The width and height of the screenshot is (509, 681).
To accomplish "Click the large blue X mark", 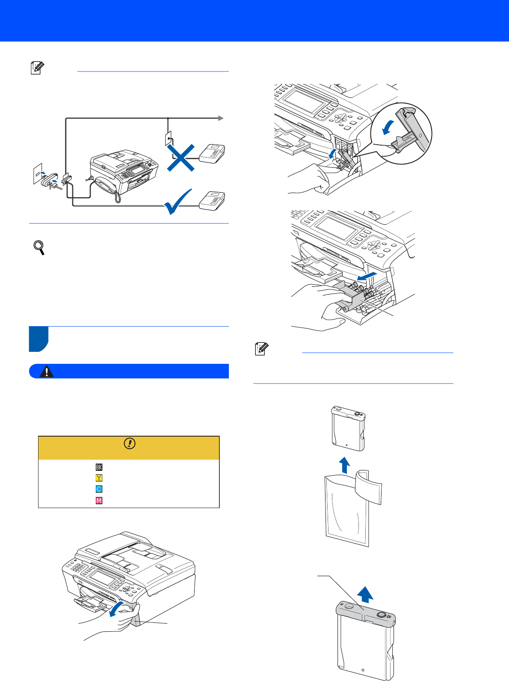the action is [x=181, y=158].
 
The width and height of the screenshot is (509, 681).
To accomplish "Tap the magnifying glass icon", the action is [x=39, y=247].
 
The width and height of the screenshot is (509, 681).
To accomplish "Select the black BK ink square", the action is [x=99, y=467].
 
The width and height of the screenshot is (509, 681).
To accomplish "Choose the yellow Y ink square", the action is [x=99, y=478].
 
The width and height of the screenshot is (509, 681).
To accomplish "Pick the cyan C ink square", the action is [x=99, y=489].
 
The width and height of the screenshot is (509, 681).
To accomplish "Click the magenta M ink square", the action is [x=99, y=500].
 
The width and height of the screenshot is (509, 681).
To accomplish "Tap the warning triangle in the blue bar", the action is [x=47, y=372].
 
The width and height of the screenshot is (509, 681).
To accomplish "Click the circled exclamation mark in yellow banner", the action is [x=130, y=443].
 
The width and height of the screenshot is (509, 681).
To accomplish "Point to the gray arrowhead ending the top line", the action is [x=221, y=118].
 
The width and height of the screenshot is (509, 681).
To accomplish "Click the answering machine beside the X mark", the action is [x=212, y=153].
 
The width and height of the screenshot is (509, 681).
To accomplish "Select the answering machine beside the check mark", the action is [x=212, y=201].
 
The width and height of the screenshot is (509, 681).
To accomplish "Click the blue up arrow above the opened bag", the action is [x=344, y=465].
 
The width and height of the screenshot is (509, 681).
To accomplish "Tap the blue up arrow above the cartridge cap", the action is [x=365, y=595].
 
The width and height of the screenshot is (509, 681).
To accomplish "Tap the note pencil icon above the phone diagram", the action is [x=37, y=68].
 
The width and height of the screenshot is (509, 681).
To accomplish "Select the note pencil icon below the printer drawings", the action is [x=262, y=349].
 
